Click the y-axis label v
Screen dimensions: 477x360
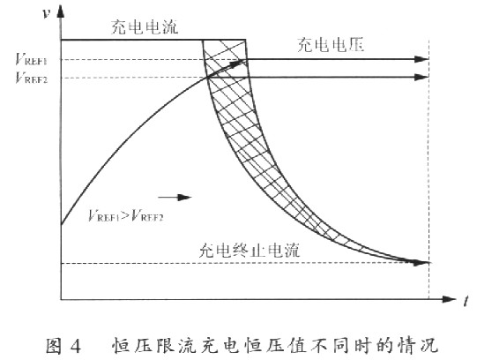tap(46, 13)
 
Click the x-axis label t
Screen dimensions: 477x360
tap(466, 301)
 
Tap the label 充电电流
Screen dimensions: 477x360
tap(145, 27)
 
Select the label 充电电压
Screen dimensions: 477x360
tap(331, 45)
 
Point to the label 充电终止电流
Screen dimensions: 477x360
tap(250, 251)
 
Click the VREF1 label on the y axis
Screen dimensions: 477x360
tap(32, 59)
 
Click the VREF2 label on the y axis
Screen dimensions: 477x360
tap(32, 78)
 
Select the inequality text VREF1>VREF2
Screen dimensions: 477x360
tap(125, 216)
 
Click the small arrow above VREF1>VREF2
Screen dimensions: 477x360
tap(175, 198)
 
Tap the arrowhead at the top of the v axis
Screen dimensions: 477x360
tap(61, 11)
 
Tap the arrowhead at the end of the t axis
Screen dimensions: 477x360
tap(449, 299)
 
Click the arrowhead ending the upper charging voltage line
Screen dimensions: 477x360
tap(421, 59)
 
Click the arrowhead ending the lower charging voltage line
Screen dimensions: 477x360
tap(421, 78)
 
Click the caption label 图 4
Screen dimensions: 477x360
tap(63, 346)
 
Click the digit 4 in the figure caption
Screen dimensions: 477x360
tap(76, 346)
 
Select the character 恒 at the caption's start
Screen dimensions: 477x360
tap(120, 346)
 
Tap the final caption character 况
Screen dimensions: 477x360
tap(429, 346)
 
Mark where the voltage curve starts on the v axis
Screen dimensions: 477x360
tap(61, 225)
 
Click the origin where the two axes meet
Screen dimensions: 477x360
tap(61, 299)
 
